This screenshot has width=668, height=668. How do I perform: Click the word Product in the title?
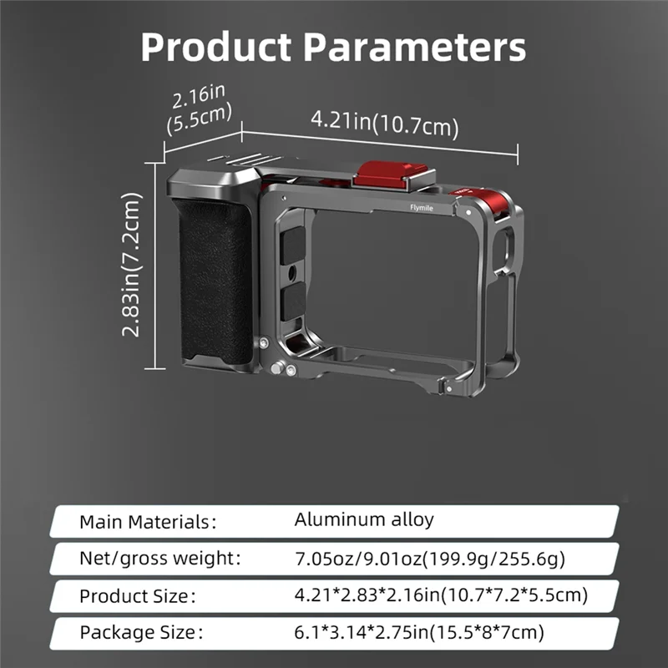216,47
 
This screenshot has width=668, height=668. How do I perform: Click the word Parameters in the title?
414,47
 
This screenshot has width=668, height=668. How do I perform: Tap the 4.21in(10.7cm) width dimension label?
385,124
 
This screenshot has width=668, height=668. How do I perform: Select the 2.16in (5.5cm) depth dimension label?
199,109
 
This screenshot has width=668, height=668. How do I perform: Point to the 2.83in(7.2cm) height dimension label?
131,265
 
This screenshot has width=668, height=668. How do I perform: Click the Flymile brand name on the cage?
422,208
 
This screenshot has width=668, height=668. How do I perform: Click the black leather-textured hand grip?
216,281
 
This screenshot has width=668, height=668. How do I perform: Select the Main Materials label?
148,522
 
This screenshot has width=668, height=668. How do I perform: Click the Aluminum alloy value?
364,519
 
